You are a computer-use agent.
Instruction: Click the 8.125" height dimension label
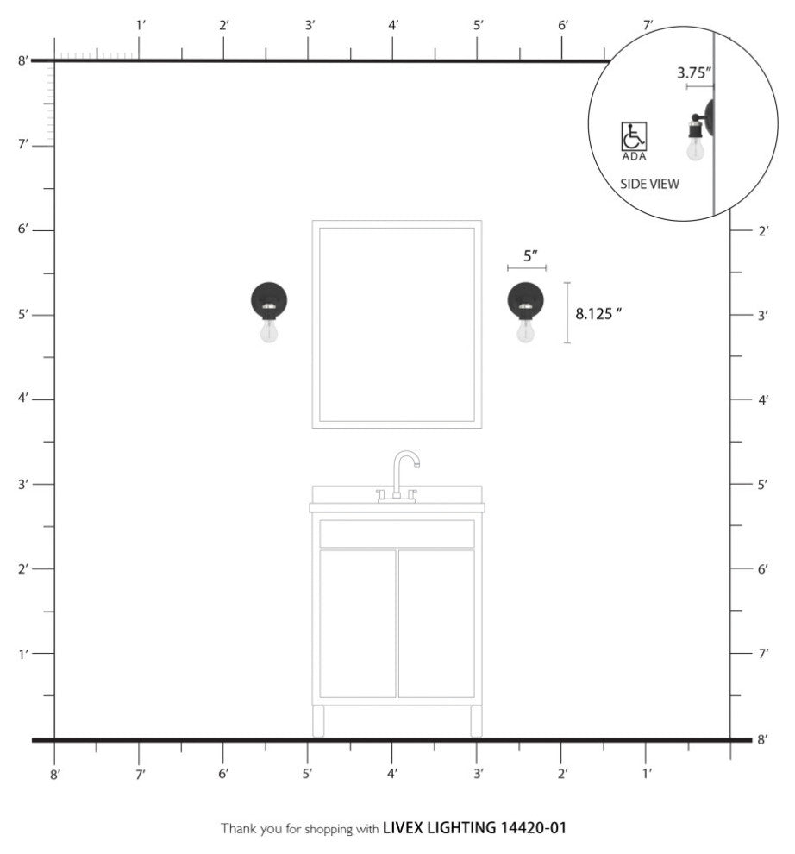click(x=598, y=314)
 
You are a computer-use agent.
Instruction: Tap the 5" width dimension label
click(x=530, y=255)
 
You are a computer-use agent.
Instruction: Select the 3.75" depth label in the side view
click(x=694, y=73)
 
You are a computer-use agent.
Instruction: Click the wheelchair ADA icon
click(x=634, y=136)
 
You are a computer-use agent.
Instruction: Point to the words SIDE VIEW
click(x=649, y=184)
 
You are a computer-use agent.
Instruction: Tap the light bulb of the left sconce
click(x=268, y=330)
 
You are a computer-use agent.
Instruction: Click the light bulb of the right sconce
click(x=525, y=330)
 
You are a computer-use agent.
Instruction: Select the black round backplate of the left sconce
click(x=269, y=297)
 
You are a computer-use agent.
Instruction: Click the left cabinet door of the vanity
click(x=358, y=624)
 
